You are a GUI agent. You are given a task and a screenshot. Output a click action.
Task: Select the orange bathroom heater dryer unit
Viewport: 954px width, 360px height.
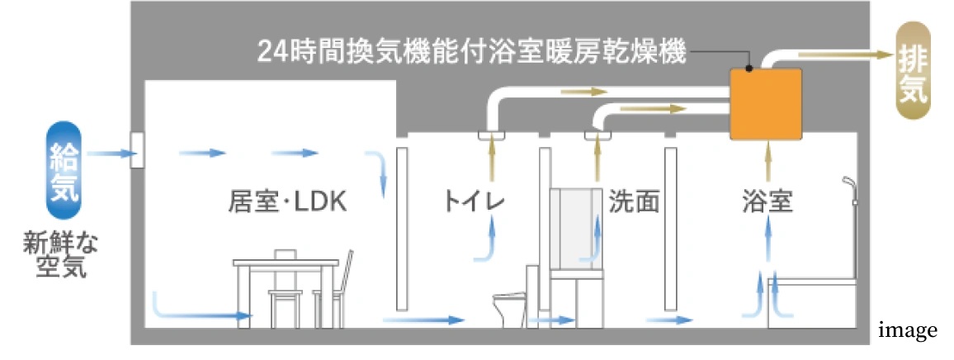coord(766,104)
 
